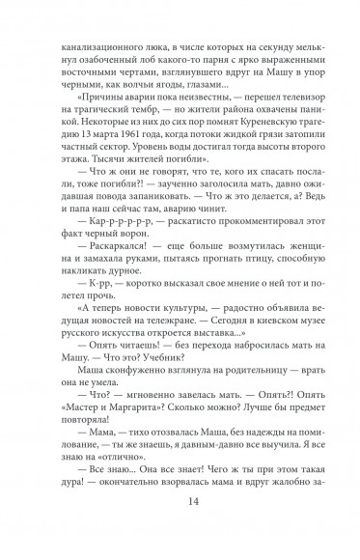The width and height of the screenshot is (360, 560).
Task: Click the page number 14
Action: coord(180,523)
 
